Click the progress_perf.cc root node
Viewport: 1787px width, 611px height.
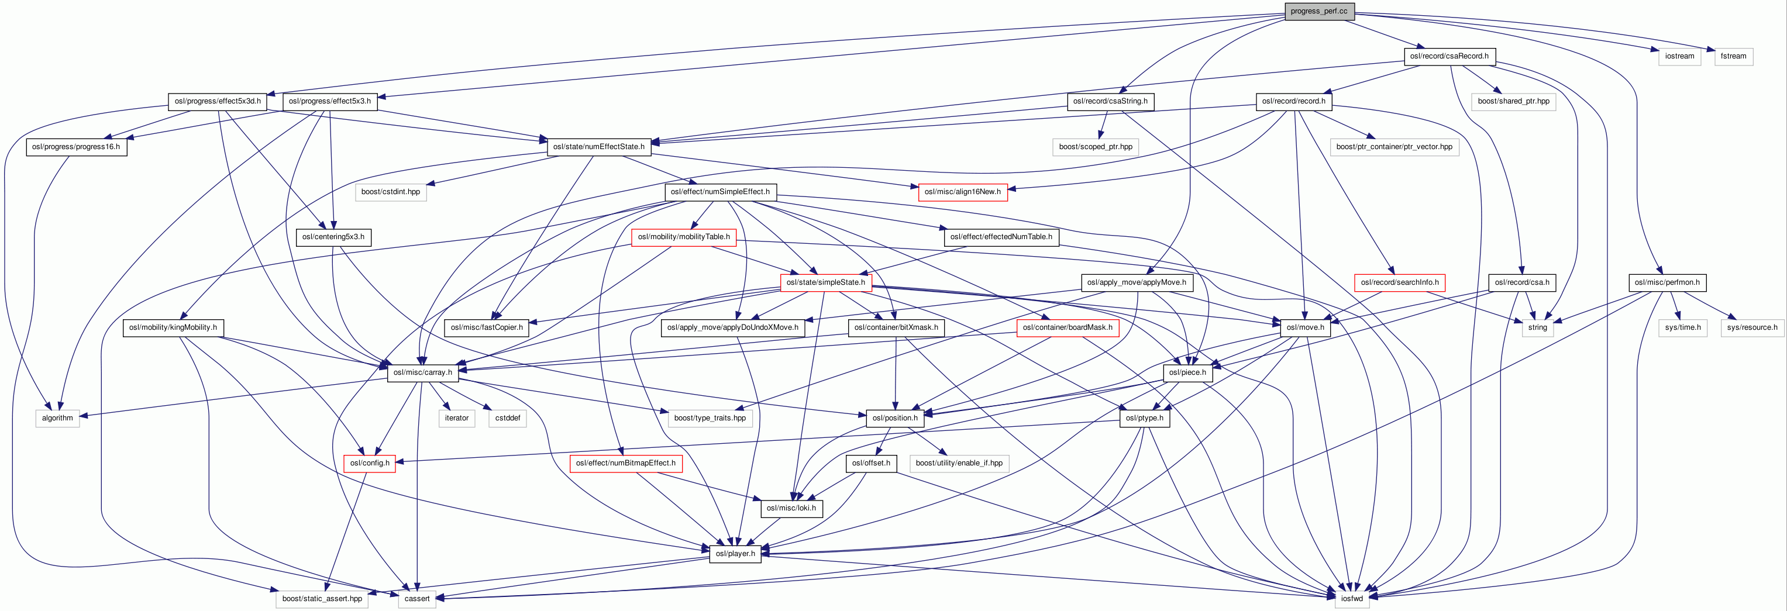1318,11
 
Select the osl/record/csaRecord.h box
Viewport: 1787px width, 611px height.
1449,56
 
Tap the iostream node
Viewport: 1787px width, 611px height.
1679,56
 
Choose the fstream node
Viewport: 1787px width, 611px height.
1733,56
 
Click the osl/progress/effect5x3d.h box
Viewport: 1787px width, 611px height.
218,101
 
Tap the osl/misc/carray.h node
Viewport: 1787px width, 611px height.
422,372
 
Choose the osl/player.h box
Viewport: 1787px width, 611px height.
735,554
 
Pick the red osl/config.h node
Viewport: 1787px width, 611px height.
370,463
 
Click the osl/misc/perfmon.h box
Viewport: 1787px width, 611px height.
1667,282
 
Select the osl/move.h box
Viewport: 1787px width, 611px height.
1305,327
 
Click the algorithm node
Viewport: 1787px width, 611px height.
57,418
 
